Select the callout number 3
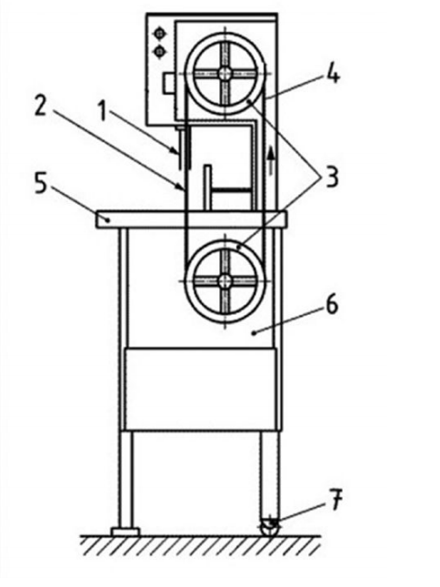pyautogui.click(x=332, y=177)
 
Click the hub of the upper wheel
pyautogui.click(x=225, y=74)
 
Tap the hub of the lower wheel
pyautogui.click(x=225, y=281)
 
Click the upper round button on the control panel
pyautogui.click(x=160, y=34)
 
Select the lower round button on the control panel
pyautogui.click(x=160, y=51)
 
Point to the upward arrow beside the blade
pyautogui.click(x=271, y=160)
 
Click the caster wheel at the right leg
pyautogui.click(x=270, y=527)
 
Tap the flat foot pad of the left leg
pyautogui.click(x=125, y=531)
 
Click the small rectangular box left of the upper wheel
pyautogui.click(x=169, y=83)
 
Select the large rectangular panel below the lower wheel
pyautogui.click(x=201, y=390)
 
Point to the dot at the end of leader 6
pyautogui.click(x=254, y=332)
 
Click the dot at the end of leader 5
pyautogui.click(x=108, y=220)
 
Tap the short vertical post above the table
pyautogui.click(x=207, y=187)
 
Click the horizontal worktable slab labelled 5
pyautogui.click(x=192, y=219)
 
